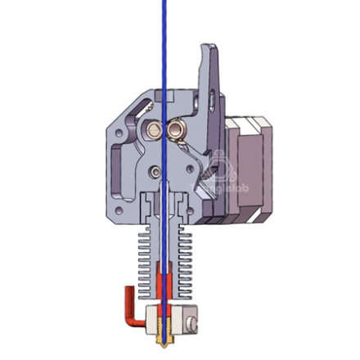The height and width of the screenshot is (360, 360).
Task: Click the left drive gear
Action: [153, 128]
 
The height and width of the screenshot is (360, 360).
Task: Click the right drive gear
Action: [174, 128]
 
